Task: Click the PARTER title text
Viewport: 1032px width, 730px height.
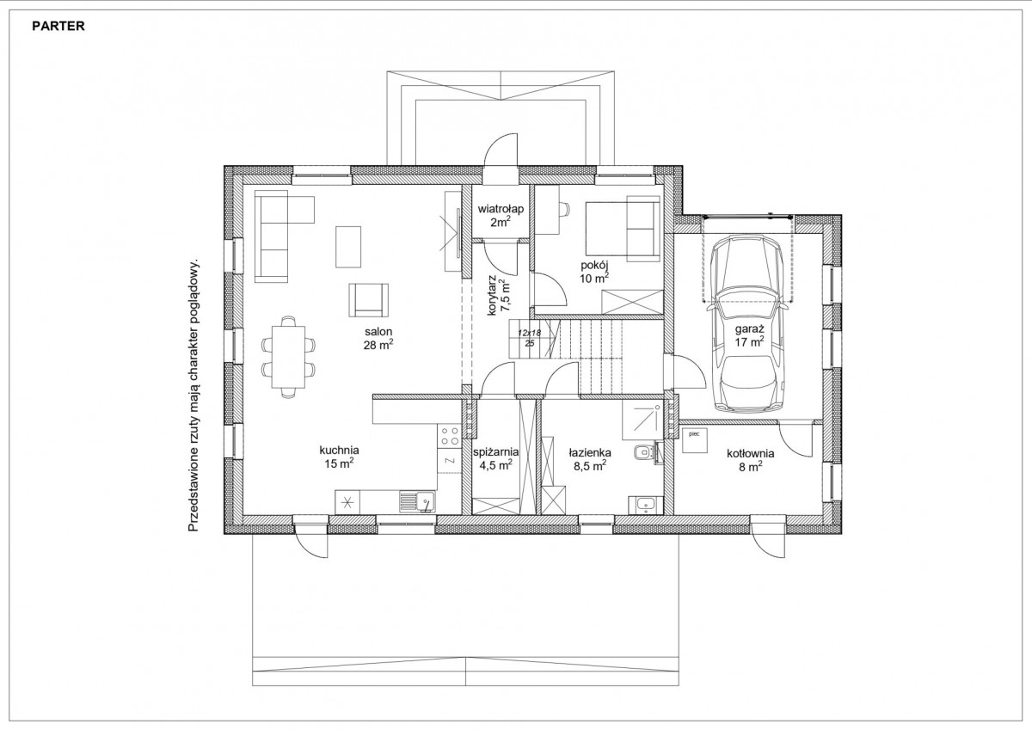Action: point(58,27)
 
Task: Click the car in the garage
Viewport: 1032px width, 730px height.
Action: point(747,323)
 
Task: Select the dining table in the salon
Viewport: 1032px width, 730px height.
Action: point(288,357)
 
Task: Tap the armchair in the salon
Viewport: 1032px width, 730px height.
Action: point(369,300)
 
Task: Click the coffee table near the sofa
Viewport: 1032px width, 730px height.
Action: point(348,247)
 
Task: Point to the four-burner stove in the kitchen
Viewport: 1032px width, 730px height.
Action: point(449,436)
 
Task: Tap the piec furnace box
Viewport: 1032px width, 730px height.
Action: point(694,440)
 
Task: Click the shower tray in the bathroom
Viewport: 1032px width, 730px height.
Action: point(642,420)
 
